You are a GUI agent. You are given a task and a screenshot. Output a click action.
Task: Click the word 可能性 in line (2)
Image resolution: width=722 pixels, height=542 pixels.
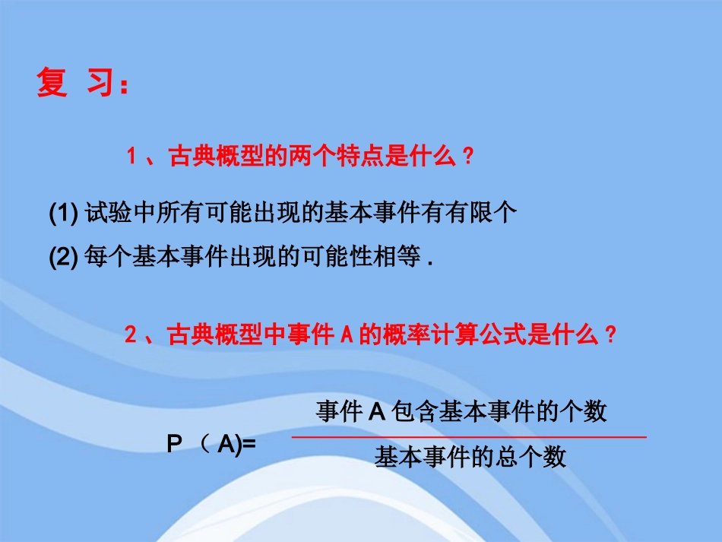pyautogui.click(x=331, y=258)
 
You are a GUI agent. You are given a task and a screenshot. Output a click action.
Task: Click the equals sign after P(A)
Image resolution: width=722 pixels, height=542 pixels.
pyautogui.click(x=249, y=445)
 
